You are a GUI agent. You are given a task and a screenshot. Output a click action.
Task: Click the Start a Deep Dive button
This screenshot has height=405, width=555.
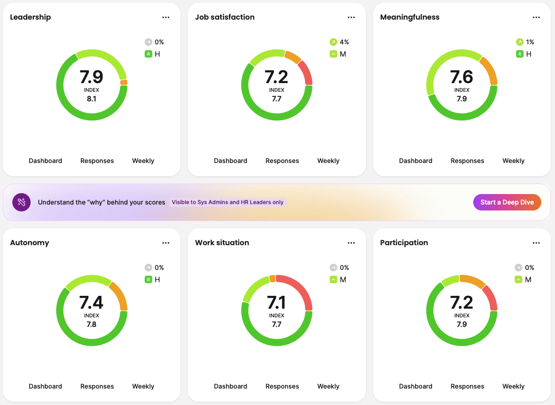(x=507, y=202)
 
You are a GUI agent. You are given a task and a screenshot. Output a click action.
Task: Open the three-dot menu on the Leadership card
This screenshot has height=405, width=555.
(x=166, y=17)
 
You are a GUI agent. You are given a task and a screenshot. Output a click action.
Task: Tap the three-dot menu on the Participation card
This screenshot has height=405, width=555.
(x=536, y=243)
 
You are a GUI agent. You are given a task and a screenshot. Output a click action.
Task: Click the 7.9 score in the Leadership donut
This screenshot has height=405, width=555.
(x=91, y=77)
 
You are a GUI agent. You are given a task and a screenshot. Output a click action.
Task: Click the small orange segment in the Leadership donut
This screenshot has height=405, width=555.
(x=124, y=82)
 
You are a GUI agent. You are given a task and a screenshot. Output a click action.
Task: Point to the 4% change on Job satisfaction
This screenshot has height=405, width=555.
(x=344, y=42)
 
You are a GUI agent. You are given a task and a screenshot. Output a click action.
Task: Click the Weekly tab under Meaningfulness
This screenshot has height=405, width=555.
(x=513, y=161)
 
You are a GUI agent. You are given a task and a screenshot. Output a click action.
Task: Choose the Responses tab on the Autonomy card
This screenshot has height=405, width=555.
(x=97, y=386)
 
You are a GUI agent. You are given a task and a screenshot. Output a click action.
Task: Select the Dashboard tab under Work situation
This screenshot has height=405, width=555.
(x=230, y=386)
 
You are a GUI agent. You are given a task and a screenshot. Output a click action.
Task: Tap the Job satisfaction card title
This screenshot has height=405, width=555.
(x=225, y=17)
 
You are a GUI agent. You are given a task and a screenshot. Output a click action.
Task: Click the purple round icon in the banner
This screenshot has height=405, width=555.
(x=21, y=202)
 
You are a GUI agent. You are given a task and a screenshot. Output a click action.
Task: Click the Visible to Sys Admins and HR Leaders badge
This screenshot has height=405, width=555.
(x=227, y=202)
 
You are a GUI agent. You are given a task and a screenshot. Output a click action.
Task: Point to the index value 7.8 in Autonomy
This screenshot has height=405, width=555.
(x=91, y=324)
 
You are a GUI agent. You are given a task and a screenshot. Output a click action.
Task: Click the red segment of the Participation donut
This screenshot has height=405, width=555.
(x=491, y=297)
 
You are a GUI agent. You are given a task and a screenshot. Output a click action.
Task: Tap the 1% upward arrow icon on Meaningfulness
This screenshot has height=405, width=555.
(x=519, y=42)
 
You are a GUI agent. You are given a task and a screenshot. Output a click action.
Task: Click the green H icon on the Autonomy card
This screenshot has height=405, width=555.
(x=148, y=279)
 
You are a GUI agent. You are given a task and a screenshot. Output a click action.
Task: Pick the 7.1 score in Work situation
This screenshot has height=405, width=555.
(x=276, y=302)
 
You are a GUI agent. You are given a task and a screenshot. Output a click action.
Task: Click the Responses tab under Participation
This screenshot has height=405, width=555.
(x=467, y=386)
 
